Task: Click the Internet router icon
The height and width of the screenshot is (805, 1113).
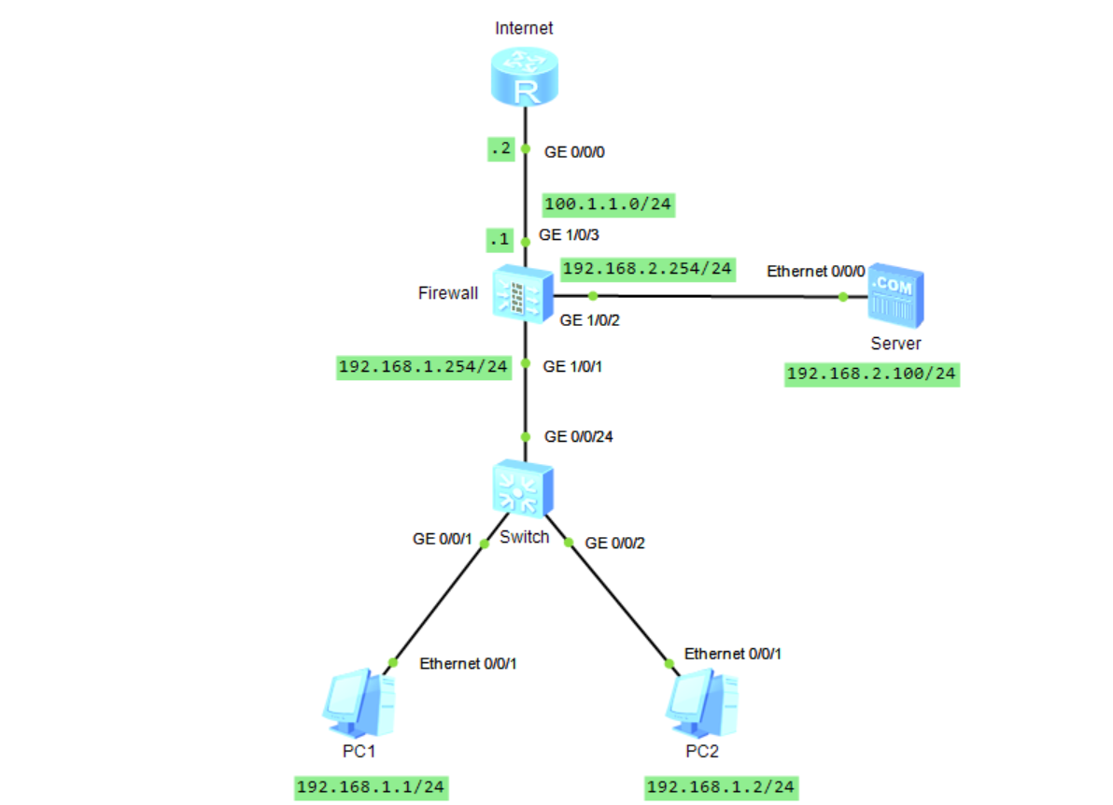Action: click(525, 78)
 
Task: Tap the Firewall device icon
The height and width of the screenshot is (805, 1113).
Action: click(524, 293)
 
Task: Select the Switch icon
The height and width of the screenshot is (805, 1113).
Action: click(524, 487)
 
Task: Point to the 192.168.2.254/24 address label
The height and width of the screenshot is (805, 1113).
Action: click(646, 269)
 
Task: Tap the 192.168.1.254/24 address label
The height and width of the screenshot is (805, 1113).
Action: click(424, 366)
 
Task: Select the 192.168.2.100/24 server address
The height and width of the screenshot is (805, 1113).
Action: click(872, 374)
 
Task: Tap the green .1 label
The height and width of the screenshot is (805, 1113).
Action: click(500, 240)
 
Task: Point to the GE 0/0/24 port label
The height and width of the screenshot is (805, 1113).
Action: click(579, 436)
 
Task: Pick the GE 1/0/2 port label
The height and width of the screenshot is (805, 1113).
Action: click(590, 320)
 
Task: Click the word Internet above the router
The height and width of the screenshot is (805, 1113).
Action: click(524, 28)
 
